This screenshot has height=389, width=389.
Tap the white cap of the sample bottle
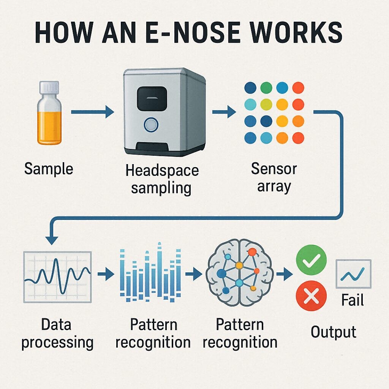click(49, 88)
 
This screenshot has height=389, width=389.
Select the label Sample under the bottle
click(48, 168)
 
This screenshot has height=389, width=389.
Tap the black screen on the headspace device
click(152, 98)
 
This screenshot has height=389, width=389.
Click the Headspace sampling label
click(162, 179)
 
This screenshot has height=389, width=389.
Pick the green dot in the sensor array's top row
click(267, 88)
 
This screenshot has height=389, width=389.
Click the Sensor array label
click(274, 177)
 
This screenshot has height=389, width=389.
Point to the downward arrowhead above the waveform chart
click(52, 240)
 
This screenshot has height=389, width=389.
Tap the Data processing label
click(57, 334)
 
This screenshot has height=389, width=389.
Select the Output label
click(333, 332)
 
